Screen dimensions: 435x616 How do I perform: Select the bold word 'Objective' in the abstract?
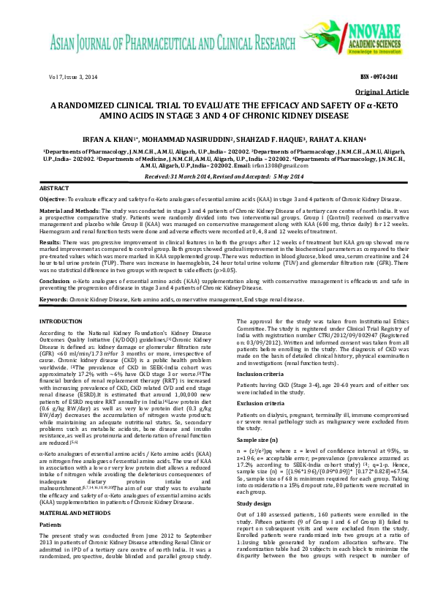52,199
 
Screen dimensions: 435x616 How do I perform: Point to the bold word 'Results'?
49,241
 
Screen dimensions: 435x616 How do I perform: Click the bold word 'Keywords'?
53,299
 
